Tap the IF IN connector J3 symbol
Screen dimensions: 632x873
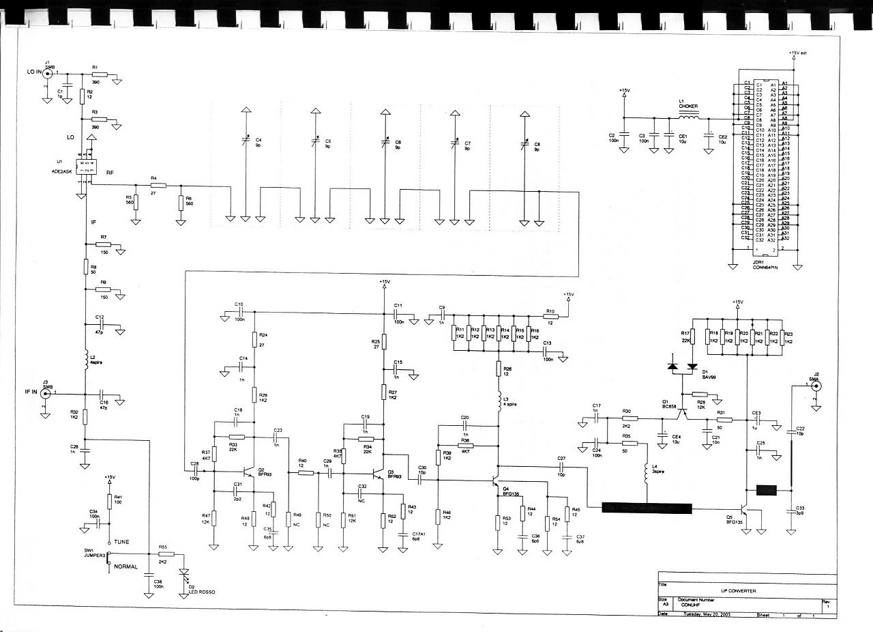pyautogui.click(x=46, y=394)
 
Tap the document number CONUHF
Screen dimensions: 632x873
pyautogui.click(x=695, y=605)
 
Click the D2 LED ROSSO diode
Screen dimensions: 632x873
pyautogui.click(x=182, y=575)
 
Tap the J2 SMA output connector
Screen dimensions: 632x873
pyautogui.click(x=814, y=386)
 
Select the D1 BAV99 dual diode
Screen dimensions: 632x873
pyautogui.click(x=683, y=367)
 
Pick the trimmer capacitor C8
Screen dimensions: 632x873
pyautogui.click(x=524, y=145)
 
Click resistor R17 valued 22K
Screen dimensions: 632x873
pyautogui.click(x=692, y=336)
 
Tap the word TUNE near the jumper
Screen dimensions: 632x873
pyautogui.click(x=121, y=541)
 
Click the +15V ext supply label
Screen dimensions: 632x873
pyautogui.click(x=797, y=53)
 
